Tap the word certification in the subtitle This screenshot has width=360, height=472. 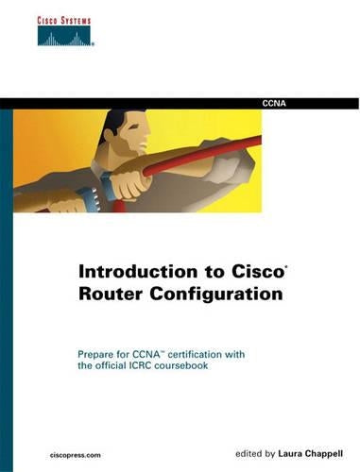(x=214, y=353)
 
